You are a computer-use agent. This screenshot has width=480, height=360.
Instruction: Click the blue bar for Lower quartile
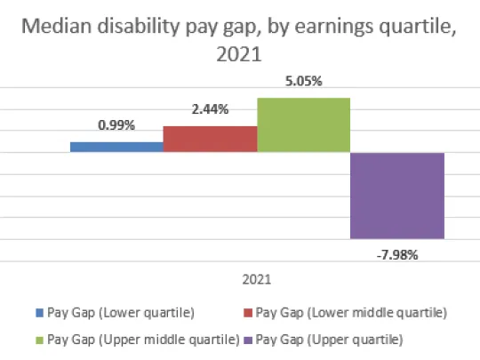click(x=116, y=147)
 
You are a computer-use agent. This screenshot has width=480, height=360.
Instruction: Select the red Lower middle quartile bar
click(x=210, y=139)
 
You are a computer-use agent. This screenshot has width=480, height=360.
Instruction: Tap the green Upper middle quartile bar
click(x=303, y=124)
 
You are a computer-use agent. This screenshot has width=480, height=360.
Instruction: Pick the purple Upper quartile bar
click(x=396, y=195)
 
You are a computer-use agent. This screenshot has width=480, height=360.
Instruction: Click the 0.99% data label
click(x=116, y=125)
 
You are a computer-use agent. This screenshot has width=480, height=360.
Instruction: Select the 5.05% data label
click(x=303, y=81)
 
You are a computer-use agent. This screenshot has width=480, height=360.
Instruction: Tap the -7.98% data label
click(x=396, y=253)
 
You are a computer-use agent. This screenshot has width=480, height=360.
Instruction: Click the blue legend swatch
click(x=39, y=313)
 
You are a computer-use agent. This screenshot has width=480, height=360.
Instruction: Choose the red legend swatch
click(x=247, y=313)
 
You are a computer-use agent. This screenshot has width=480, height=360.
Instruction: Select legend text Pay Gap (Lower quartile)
click(x=119, y=312)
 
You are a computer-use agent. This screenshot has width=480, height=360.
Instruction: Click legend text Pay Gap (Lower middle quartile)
click(x=350, y=312)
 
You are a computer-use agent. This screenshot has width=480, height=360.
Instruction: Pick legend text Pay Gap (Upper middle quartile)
click(x=142, y=340)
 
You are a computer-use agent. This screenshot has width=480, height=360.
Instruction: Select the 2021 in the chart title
click(x=239, y=55)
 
